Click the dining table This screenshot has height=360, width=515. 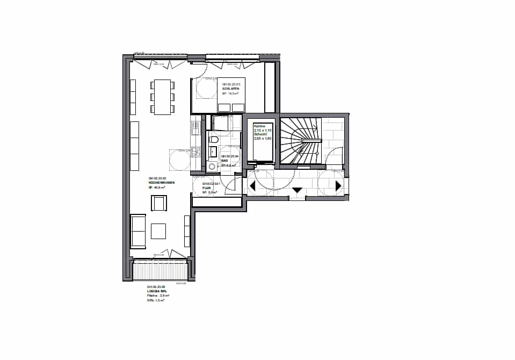tap(162, 96)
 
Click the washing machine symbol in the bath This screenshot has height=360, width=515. tap(213, 167)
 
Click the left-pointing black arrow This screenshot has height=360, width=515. tap(252, 186)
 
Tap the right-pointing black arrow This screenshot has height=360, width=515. tap(338, 186)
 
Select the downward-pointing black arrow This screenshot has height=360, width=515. tap(297, 190)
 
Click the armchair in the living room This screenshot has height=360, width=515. tap(159, 203)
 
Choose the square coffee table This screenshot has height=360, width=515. tap(158, 231)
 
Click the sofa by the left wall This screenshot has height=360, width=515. tap(138, 231)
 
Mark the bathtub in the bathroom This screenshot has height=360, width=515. tap(221, 122)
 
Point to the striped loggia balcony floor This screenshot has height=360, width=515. tap(159, 270)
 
